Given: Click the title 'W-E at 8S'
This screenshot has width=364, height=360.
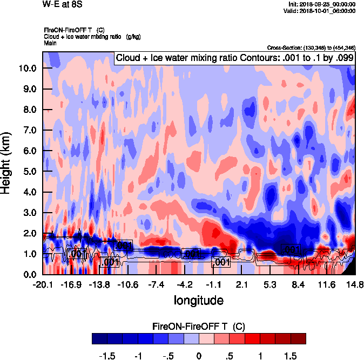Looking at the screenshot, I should click(59, 4).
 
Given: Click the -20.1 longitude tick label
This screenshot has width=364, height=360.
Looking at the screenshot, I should click(43, 285).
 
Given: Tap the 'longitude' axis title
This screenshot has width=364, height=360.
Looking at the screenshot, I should click(198, 300).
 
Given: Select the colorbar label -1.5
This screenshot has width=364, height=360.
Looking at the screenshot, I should click(107, 357).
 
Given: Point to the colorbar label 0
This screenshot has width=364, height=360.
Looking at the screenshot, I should click(199, 357).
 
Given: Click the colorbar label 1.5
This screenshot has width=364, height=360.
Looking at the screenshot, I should click(291, 357).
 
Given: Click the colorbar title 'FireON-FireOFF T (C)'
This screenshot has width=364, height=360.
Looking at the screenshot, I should click(199, 327).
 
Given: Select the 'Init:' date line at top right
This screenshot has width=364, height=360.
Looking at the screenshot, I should click(322, 4).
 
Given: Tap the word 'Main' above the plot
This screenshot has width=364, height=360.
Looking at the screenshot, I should click(50, 42).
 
